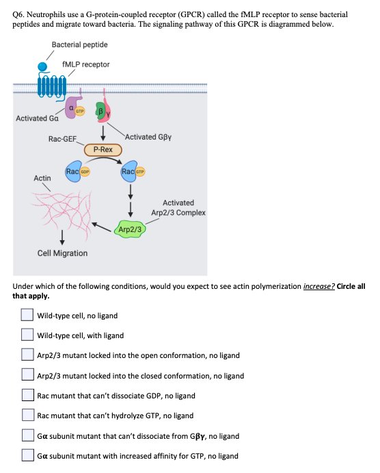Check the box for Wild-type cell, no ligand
point(26,316)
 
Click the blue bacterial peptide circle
point(44,66)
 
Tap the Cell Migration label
point(62,253)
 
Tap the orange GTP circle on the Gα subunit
point(80,110)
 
